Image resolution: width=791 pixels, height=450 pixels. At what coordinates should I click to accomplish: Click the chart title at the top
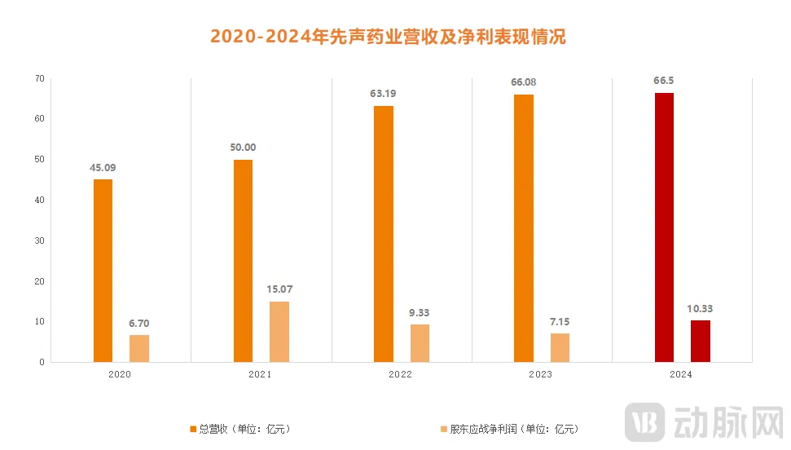(388, 37)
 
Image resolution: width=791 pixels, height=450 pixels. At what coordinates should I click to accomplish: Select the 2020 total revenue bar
(103, 270)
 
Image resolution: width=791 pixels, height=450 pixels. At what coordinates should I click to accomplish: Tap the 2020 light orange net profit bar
(139, 348)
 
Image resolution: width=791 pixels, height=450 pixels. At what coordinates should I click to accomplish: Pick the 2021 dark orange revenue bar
(243, 260)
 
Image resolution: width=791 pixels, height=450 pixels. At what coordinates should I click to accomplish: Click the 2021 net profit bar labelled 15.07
(279, 331)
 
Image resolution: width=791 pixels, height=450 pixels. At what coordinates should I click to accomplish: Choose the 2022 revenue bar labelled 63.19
(384, 233)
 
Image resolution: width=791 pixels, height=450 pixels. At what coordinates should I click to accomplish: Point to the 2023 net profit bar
(560, 347)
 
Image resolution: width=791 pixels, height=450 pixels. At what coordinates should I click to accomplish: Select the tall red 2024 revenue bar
(664, 227)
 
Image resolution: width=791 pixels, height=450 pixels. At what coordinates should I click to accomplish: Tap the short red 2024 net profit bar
(701, 341)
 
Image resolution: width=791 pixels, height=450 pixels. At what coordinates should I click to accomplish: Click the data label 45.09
(103, 168)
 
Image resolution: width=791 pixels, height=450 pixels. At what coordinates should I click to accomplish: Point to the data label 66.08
(523, 82)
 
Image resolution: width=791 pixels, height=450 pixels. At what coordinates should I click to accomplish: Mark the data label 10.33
(701, 309)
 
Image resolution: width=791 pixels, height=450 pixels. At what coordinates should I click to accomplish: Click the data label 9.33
(420, 313)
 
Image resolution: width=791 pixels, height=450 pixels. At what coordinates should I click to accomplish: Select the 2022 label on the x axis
(400, 375)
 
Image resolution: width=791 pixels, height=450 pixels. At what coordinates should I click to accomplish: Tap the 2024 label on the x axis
(680, 375)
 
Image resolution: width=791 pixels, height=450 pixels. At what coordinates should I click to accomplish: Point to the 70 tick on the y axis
(39, 79)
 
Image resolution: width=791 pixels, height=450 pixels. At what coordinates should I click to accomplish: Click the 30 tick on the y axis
(39, 241)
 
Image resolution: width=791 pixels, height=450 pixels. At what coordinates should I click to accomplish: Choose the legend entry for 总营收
(240, 429)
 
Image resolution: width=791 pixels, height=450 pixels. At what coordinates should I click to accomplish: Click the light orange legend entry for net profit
(509, 429)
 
